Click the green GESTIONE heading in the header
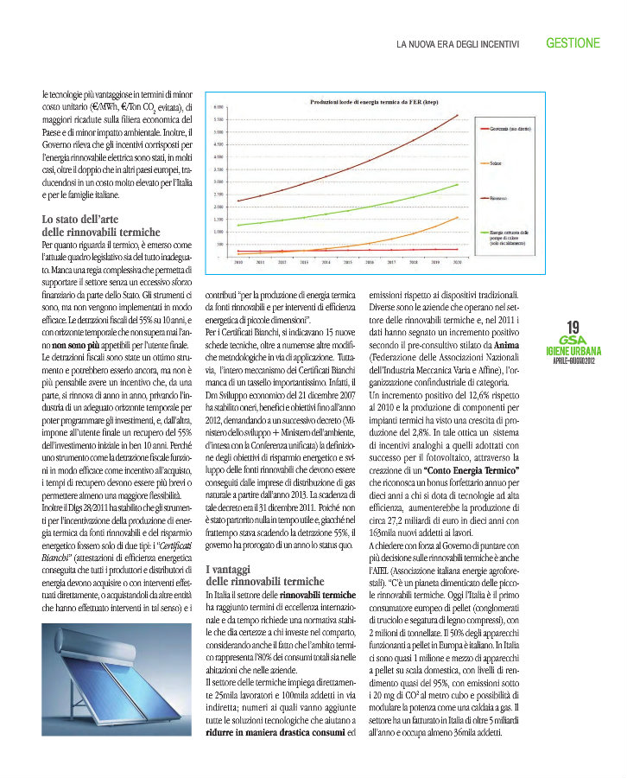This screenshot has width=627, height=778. (x=573, y=41)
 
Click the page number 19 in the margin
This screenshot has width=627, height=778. (x=573, y=327)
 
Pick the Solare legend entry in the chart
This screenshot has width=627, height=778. (x=495, y=163)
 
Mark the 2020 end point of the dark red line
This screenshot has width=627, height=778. (x=458, y=115)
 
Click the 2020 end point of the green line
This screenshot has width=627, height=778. (x=458, y=184)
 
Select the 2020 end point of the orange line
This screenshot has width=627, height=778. (x=458, y=217)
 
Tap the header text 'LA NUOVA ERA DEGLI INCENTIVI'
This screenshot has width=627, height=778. (x=457, y=43)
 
